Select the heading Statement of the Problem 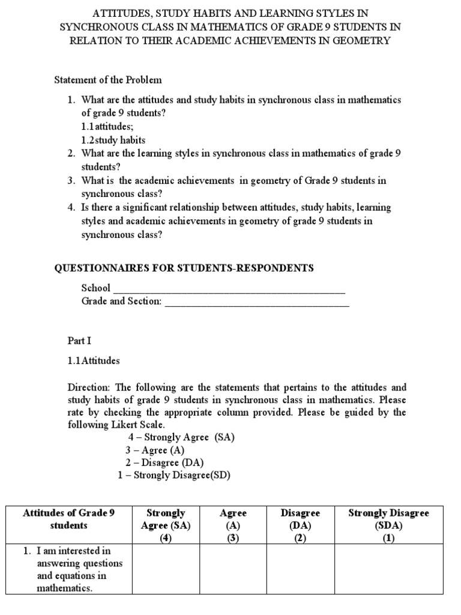pos(108,80)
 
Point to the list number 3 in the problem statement pos(71,181)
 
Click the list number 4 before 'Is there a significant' pos(71,208)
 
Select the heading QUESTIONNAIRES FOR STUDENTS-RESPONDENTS pos(184,268)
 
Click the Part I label pos(79,341)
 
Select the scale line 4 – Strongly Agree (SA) pos(181,437)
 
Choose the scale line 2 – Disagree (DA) pos(164,462)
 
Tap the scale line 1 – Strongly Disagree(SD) pos(174,475)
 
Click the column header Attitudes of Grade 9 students pos(68,520)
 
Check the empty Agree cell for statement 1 pos(234,569)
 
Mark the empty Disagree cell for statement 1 pos(300,569)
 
